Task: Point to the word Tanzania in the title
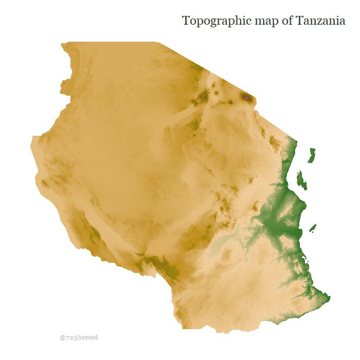[321, 21]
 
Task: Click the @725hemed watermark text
[78, 338]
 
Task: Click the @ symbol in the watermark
[62, 338]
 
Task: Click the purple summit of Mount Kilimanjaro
[248, 97]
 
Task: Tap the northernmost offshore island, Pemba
[312, 155]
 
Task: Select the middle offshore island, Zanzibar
[302, 179]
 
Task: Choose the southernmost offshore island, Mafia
[312, 227]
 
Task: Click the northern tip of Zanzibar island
[299, 171]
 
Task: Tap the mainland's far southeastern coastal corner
[329, 297]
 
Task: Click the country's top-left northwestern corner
[62, 44]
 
